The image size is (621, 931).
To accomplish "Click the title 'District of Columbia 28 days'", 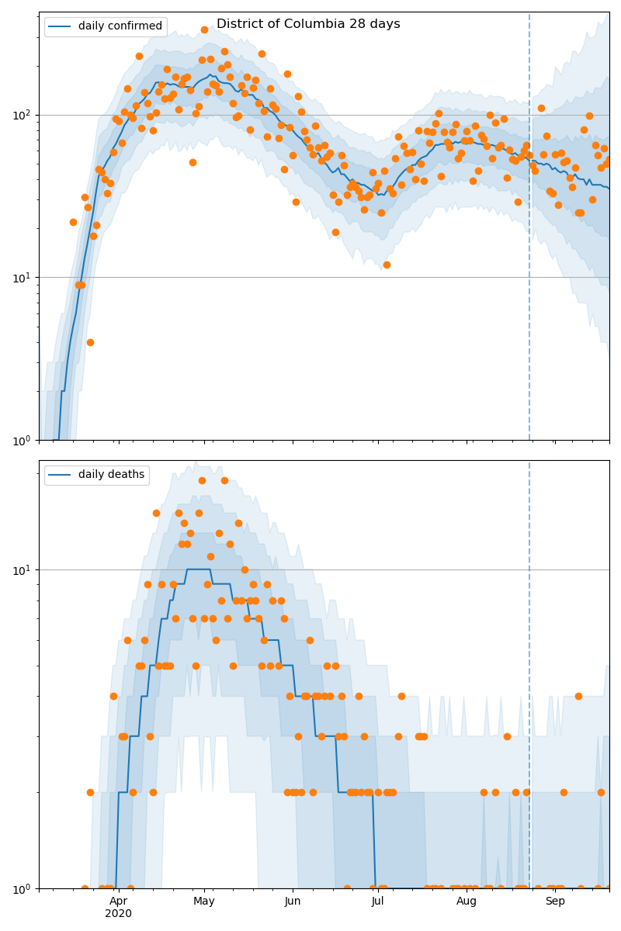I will pos(308,24).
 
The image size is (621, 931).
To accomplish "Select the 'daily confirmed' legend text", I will pos(120,26).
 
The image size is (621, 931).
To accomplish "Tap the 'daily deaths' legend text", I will pos(111,475).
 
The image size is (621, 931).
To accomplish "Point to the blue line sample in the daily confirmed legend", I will pos(60,27).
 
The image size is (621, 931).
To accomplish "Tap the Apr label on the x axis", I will pos(118,901).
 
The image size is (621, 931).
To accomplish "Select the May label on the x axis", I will pos(204,901).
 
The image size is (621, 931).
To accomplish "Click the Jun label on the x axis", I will pos(293,901).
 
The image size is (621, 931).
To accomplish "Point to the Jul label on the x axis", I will pos(378,901).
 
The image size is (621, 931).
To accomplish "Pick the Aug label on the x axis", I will pos(467,901).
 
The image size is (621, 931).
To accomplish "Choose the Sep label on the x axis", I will pos(555,901).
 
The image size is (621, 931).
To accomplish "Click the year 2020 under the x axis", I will pos(118,913).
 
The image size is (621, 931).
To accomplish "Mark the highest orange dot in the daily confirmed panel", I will pos(204,30).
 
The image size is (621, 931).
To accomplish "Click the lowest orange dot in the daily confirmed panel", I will pos(90,342).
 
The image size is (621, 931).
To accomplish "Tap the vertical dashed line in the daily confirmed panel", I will pos(529,233).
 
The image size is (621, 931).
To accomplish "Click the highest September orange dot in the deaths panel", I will pos(578,696).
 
